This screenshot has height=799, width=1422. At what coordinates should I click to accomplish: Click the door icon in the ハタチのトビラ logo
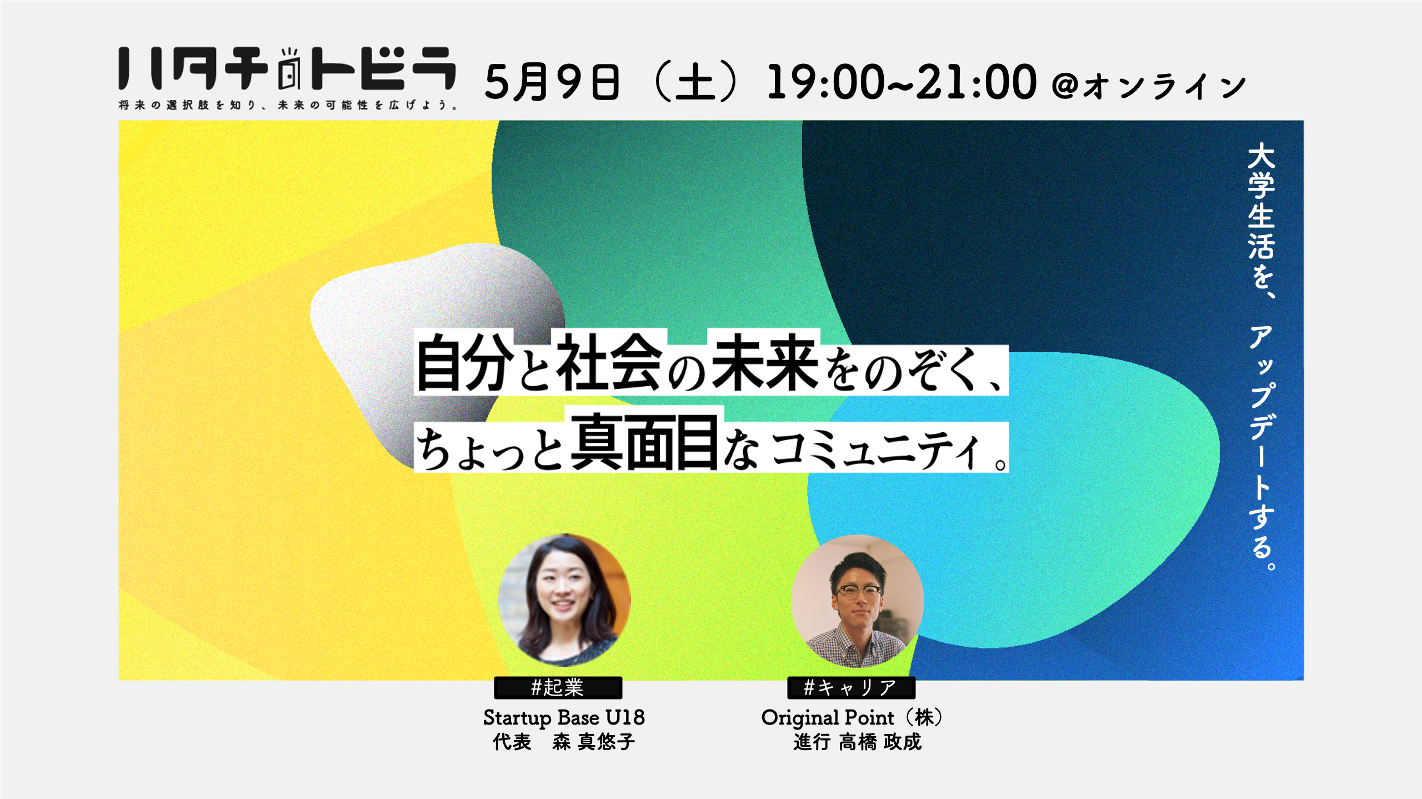pos(289,69)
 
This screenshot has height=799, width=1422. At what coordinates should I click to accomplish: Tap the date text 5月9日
pos(552,82)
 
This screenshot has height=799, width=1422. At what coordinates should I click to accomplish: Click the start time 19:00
pos(825,82)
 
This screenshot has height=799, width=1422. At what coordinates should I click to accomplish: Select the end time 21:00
pos(976,82)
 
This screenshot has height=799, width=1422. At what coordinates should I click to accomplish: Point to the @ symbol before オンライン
pos(1065,86)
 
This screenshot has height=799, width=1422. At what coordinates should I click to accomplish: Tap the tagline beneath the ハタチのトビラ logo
pos(288,105)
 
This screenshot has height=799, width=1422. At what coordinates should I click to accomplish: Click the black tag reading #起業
pos(558,688)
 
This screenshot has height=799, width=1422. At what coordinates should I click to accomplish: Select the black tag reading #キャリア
pos(851,688)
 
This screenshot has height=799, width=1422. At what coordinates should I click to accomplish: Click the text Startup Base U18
pos(564,717)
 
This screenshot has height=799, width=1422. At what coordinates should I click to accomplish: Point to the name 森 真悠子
pos(593,742)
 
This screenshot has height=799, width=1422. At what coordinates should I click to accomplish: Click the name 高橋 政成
pos(880,742)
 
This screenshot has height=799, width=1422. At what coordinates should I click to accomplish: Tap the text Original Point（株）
pos(852,718)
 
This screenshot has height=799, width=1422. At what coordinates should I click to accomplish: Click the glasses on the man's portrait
pos(858,592)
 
